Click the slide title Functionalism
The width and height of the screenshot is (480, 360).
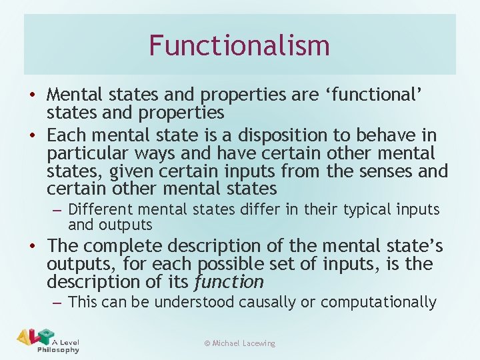239,45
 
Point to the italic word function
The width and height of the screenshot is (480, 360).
229,282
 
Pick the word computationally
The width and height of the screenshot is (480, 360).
378,302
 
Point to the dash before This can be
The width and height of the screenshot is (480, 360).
57,303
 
